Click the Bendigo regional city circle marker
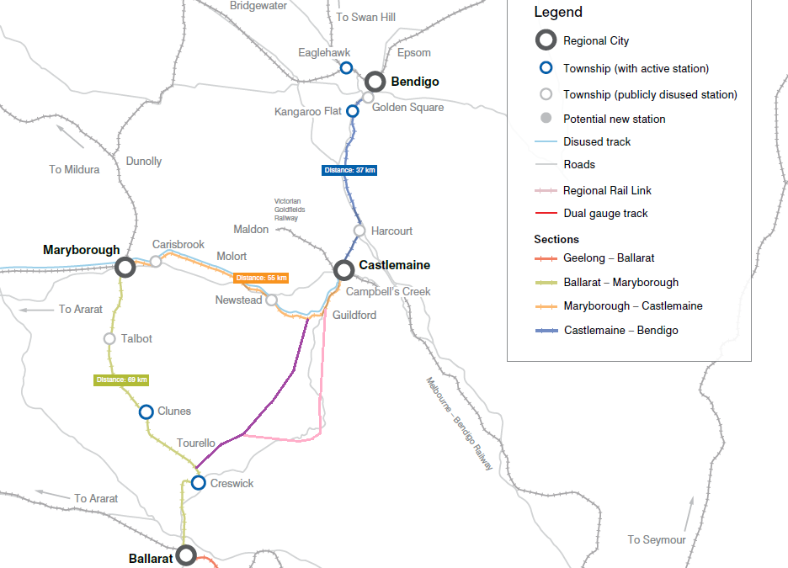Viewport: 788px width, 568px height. click(375, 82)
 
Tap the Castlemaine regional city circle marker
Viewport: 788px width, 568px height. click(343, 270)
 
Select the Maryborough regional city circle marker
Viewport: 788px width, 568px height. click(125, 268)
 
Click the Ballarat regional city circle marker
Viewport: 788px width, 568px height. click(186, 555)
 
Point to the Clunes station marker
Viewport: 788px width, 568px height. click(146, 411)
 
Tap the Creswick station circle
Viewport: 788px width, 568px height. click(198, 483)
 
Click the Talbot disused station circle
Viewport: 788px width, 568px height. click(109, 339)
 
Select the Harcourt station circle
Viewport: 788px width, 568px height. click(359, 231)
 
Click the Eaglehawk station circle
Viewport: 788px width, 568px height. click(346, 68)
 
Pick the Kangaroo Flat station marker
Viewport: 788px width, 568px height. click(353, 111)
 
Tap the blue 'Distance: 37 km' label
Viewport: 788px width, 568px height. click(349, 170)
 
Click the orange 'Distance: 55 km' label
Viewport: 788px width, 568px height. click(261, 278)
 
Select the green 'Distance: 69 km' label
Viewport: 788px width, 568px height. click(121, 380)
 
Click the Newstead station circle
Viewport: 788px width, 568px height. click(272, 300)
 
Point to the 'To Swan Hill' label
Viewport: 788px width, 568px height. click(365, 17)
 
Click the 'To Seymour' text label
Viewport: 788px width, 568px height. click(657, 539)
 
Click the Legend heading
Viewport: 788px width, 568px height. click(557, 13)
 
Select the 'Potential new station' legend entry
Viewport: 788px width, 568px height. click(614, 119)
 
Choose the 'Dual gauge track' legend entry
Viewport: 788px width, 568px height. click(605, 214)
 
